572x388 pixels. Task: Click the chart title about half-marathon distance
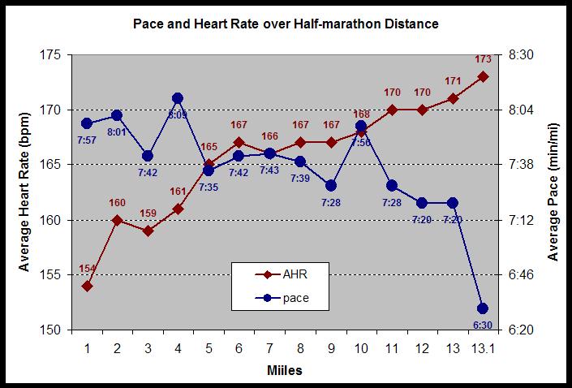tap(286, 24)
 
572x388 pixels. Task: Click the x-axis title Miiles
tap(285, 370)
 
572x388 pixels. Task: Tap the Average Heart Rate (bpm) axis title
tap(24, 192)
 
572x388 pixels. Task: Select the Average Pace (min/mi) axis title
tap(554, 192)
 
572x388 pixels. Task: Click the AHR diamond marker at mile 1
tap(87, 286)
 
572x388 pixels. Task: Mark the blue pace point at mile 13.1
tap(483, 308)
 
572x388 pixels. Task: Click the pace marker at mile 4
tap(178, 98)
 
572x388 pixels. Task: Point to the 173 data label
tap(483, 59)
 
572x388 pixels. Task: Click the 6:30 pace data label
tap(483, 325)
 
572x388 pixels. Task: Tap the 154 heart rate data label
tap(87, 269)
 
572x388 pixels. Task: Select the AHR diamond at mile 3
tap(148, 231)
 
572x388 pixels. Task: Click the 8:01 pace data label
tap(117, 131)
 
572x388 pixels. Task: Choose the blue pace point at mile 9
tap(330, 186)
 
